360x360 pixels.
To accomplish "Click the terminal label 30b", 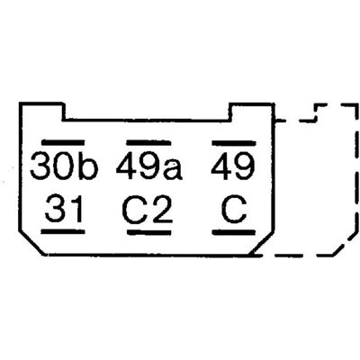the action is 64,166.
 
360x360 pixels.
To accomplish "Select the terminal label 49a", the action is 149,166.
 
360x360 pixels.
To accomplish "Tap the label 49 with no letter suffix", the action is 233,166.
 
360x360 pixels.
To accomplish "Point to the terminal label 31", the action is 64,208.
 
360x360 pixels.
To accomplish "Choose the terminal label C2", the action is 148,209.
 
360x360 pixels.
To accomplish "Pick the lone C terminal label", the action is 234,209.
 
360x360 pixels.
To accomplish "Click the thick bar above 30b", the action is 63,142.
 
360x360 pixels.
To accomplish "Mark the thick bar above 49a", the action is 148,143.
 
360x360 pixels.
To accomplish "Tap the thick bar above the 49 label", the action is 234,143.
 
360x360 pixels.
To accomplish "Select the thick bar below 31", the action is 63,231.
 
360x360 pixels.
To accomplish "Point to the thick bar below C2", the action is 149,232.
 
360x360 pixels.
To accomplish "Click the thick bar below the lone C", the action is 234,232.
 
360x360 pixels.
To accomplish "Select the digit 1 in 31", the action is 75,208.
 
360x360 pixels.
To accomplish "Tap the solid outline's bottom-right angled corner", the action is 262,244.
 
